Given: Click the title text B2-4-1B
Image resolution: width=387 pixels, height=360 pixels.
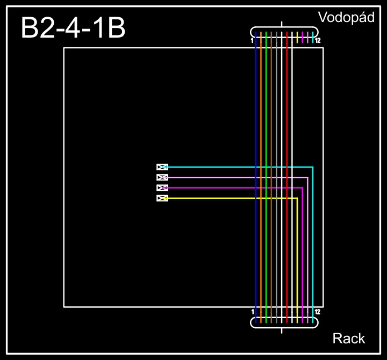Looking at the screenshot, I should pos(73,28).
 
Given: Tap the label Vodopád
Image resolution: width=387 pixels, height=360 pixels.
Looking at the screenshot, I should pos(346,17).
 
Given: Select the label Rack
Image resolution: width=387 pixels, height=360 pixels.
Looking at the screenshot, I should pos(349,339).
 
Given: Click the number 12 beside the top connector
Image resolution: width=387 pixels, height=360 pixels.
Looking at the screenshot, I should pos(318,41).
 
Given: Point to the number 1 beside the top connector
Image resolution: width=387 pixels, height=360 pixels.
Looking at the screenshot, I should pos(252,41).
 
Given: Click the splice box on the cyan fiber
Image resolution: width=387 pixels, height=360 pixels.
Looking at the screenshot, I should pos(162,167).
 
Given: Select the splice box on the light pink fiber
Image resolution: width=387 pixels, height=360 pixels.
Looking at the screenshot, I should pos(162,177).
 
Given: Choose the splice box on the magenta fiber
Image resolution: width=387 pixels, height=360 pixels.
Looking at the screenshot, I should pos(162,188).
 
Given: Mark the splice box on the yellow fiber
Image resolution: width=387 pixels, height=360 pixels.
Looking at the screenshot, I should pos(162,198).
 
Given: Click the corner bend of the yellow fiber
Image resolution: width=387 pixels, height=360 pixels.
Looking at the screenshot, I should pos(297,198).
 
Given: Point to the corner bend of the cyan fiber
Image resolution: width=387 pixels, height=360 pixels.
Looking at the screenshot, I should pos(313,167).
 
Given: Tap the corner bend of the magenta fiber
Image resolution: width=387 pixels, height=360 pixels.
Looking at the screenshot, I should pos(303,188).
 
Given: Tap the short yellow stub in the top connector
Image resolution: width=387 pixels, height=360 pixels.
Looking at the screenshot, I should pos(297,37).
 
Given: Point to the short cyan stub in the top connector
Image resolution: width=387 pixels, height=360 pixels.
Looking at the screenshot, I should pos(313,37).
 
